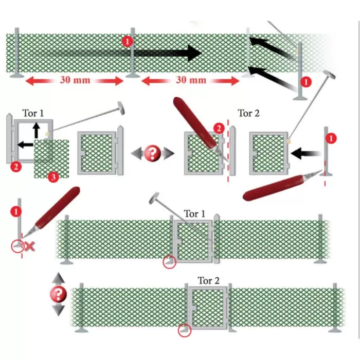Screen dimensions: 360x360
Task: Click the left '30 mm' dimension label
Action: click(x=75, y=80)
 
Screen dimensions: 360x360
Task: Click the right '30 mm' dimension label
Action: click(x=190, y=80)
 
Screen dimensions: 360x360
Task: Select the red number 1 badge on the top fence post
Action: click(x=128, y=41)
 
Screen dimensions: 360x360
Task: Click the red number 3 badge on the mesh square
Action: click(x=53, y=177)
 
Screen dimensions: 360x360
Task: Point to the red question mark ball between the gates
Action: click(x=152, y=153)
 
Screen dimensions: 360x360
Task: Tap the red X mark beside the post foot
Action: click(x=30, y=247)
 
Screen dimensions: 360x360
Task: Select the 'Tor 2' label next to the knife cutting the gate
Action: click(x=249, y=113)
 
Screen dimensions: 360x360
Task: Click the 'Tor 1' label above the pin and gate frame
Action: click(x=34, y=112)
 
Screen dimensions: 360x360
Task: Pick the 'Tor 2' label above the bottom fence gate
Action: click(x=209, y=281)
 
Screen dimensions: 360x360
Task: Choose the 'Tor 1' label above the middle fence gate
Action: click(x=194, y=213)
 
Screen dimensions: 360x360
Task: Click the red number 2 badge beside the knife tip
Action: click(x=219, y=128)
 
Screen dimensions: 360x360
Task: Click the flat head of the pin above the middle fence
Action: click(x=154, y=197)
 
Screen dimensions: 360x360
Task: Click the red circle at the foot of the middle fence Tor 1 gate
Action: click(x=169, y=262)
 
